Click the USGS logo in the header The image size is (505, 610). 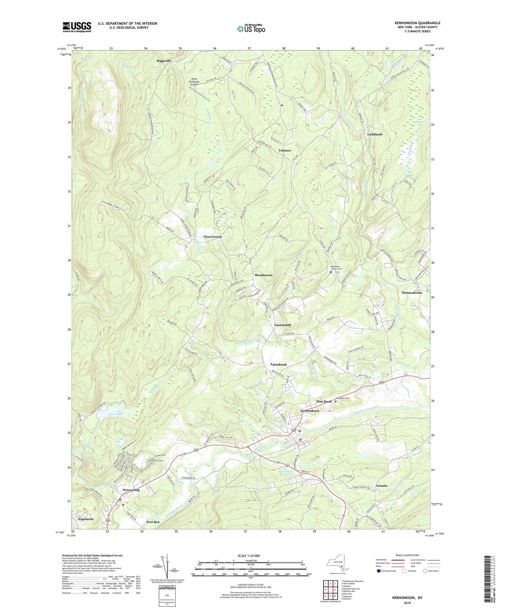pos(77,27)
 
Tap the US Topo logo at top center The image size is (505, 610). pos(250,29)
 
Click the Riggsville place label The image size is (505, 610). pos(164,61)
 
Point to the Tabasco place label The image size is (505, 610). pos(285,150)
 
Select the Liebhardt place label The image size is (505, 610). pos(375,134)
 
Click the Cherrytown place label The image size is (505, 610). pos(212,237)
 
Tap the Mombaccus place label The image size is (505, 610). pos(264,275)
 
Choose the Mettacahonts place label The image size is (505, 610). pos(412,293)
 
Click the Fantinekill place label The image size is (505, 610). pos(282,325)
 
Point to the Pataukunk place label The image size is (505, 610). pos(278,365)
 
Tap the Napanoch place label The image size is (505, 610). pos(86,519)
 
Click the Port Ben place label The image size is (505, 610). pos(153,522)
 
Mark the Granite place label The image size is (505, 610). pos(382,486)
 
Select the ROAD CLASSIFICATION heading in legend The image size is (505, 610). pos(407,555)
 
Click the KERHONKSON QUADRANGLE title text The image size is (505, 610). pos(417,23)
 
